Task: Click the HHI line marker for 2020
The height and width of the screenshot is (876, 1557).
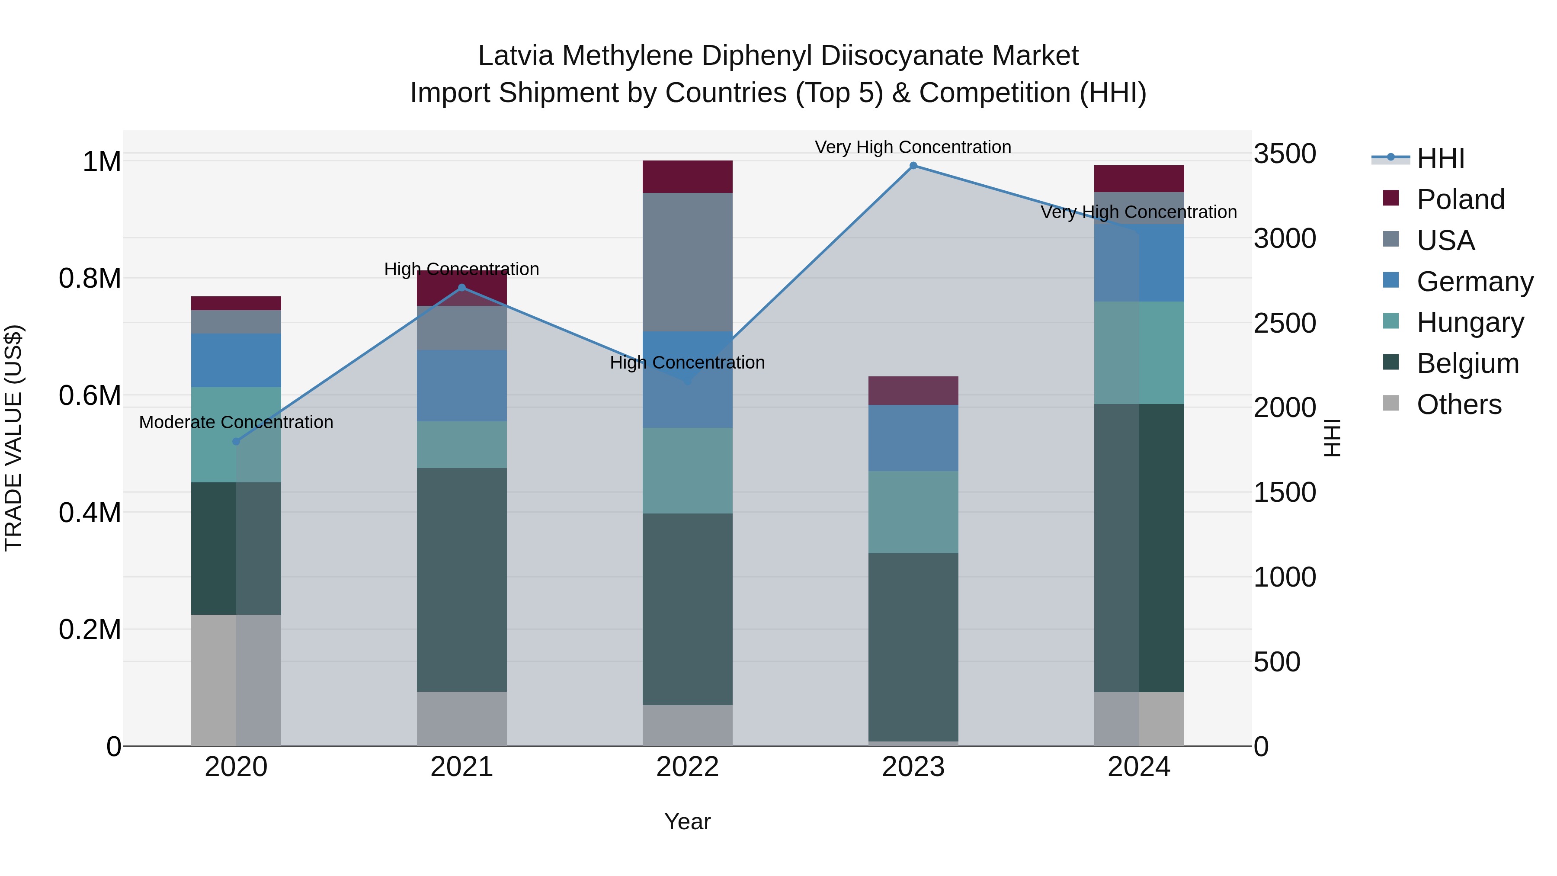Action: tap(236, 441)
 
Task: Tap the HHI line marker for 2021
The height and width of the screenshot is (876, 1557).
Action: tap(462, 288)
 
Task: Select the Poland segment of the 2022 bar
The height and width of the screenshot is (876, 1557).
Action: tap(687, 176)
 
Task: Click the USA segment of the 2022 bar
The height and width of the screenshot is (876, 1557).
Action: tap(687, 262)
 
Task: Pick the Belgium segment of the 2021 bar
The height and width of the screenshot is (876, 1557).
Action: tap(462, 579)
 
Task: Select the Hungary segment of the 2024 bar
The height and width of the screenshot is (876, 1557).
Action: tap(1139, 353)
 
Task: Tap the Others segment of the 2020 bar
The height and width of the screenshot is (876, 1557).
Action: tap(236, 680)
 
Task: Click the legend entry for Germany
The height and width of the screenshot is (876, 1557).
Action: tap(1474, 282)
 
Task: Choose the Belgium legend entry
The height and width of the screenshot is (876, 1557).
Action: tap(1467, 363)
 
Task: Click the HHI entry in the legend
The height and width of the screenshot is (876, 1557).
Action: tap(1440, 158)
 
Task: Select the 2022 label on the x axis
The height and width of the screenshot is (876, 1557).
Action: tap(687, 767)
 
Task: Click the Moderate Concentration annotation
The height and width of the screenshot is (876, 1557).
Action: tap(236, 422)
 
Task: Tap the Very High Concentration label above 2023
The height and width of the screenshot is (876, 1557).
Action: tap(913, 147)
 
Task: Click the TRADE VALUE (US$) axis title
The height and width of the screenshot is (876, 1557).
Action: tap(13, 438)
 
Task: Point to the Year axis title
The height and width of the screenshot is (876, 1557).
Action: tap(687, 821)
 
